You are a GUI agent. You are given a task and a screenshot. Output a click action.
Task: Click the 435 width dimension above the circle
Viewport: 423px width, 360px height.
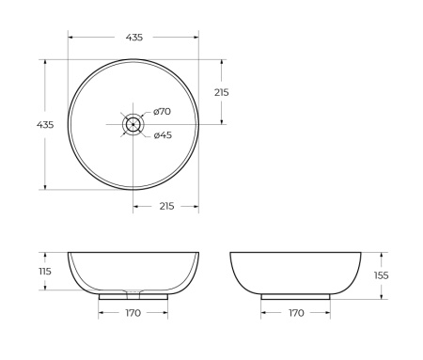click(134, 38)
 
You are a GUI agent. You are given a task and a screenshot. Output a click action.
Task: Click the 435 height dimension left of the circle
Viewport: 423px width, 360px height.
click(45, 125)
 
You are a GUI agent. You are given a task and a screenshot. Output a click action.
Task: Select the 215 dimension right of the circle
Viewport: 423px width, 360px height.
click(222, 92)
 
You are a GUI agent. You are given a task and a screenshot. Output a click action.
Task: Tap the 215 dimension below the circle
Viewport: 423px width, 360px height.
click(166, 206)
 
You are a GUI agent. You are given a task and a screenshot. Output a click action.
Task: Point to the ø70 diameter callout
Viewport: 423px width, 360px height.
click(162, 111)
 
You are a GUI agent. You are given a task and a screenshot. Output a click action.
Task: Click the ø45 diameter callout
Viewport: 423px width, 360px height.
click(163, 135)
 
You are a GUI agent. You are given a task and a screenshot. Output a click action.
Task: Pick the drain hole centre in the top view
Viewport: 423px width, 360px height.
click(133, 124)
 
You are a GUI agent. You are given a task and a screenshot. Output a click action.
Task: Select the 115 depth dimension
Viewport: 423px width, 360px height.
click(45, 271)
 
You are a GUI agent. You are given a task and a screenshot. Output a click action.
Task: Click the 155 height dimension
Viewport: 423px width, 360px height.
click(382, 275)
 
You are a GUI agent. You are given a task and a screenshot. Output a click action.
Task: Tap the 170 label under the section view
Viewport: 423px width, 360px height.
click(133, 313)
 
